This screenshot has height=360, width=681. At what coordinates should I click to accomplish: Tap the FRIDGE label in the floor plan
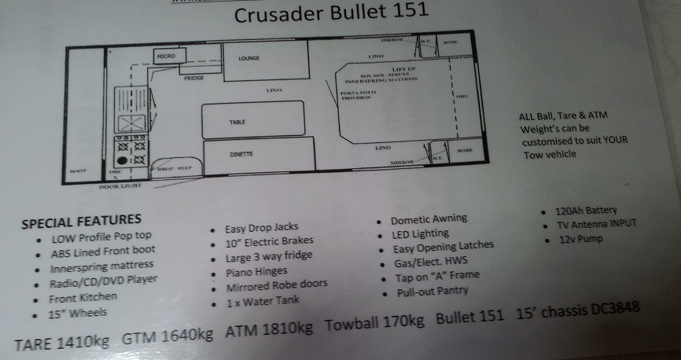193,79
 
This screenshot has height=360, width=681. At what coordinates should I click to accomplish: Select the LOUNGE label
248,58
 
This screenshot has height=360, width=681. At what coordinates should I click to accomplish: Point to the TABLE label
237,123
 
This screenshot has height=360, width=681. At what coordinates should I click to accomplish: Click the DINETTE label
241,155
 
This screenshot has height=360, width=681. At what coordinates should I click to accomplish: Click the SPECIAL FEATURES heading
83,220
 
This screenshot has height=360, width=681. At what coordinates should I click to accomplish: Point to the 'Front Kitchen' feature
83,296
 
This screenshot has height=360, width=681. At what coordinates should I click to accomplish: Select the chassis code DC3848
609,312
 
